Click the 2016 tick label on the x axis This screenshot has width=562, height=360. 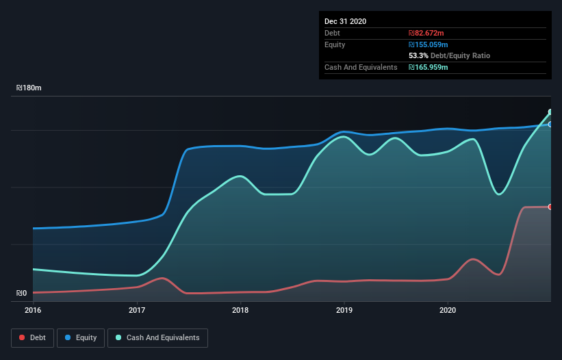click(34, 310)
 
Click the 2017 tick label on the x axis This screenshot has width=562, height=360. click(137, 310)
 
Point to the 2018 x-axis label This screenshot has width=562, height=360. click(240, 310)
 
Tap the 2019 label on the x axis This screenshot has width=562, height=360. click(344, 310)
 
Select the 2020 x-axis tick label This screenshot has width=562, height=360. click(448, 310)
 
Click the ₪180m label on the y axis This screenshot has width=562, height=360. click(29, 88)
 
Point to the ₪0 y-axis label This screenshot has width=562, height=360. click(22, 294)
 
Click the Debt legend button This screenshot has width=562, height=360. click(31, 337)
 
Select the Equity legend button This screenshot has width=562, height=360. click(81, 337)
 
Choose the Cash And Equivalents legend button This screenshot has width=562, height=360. click(157, 337)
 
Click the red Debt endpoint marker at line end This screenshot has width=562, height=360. click(550, 207)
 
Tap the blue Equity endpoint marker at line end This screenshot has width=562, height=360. click(550, 125)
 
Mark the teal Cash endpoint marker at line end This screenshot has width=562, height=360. click(550, 112)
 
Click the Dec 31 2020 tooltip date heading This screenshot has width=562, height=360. click(345, 21)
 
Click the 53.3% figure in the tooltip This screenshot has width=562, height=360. click(418, 55)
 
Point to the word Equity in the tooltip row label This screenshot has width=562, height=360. click(335, 44)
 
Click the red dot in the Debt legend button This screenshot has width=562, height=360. click(23, 337)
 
